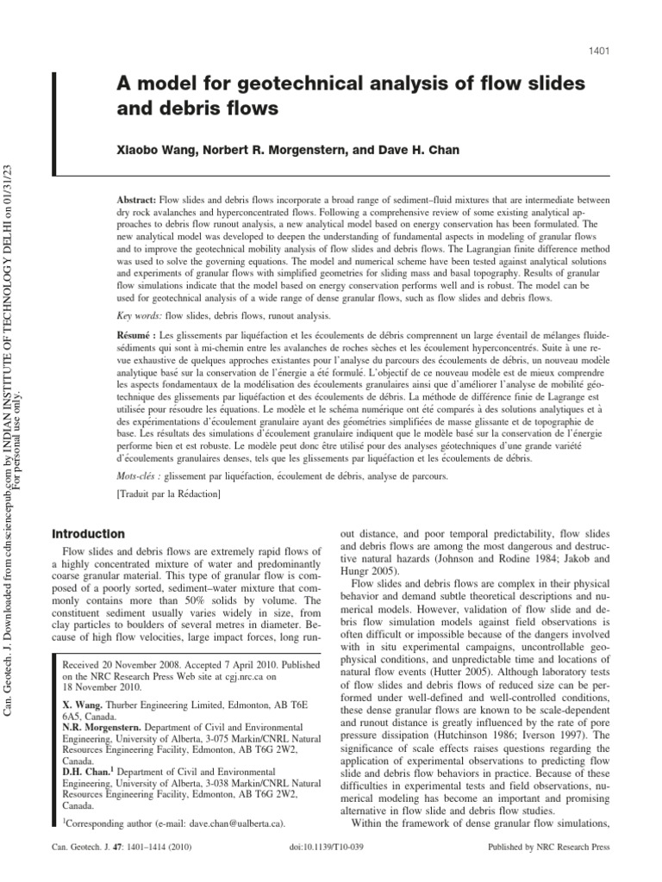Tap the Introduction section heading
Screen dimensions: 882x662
pyautogui.click(x=90, y=534)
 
